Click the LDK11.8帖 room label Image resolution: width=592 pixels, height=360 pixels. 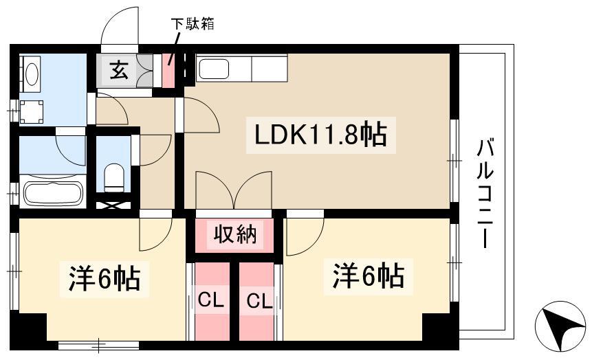(x=320, y=135)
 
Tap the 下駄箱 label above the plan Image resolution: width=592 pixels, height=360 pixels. (x=193, y=24)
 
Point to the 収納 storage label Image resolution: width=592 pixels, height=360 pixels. (x=235, y=235)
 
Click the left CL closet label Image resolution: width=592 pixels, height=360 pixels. (x=211, y=301)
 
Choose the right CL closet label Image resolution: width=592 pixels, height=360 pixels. (x=259, y=302)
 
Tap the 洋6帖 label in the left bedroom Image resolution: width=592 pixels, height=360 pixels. (x=105, y=278)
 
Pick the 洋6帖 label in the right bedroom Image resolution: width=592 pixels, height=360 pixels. (x=368, y=276)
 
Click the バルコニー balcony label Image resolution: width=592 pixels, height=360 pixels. (x=485, y=194)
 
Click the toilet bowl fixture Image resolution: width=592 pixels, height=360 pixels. (x=113, y=177)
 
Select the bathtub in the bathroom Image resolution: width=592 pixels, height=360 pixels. (x=53, y=192)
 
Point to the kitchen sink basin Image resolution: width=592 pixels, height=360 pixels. (x=214, y=69)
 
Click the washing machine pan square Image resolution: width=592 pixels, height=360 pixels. (x=32, y=112)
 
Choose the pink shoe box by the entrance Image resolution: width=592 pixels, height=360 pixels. (x=168, y=71)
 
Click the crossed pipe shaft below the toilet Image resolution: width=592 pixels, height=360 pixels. (x=113, y=205)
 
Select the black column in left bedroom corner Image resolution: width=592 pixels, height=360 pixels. (x=29, y=327)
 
